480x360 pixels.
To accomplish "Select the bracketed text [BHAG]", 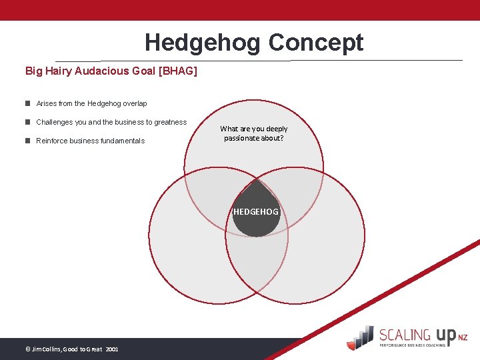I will pos(176,70).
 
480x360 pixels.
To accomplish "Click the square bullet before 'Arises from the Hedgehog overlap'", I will pos(28,103).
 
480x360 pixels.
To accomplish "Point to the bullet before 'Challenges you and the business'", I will pos(28,122).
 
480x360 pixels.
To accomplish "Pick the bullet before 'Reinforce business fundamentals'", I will pos(28,141).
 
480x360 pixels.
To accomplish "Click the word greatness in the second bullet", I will pos(170,122).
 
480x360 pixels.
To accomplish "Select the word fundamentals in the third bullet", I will pos(122,141).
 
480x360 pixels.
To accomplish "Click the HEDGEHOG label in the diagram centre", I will pos(256,211).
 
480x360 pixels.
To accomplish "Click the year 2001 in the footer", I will pos(112,349).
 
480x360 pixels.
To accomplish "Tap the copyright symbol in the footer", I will pos(27,349).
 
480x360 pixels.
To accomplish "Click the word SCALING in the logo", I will pos(404,335).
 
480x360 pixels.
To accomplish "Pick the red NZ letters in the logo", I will pos(463,338).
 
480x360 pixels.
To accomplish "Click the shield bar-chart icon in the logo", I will pos(361,337).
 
